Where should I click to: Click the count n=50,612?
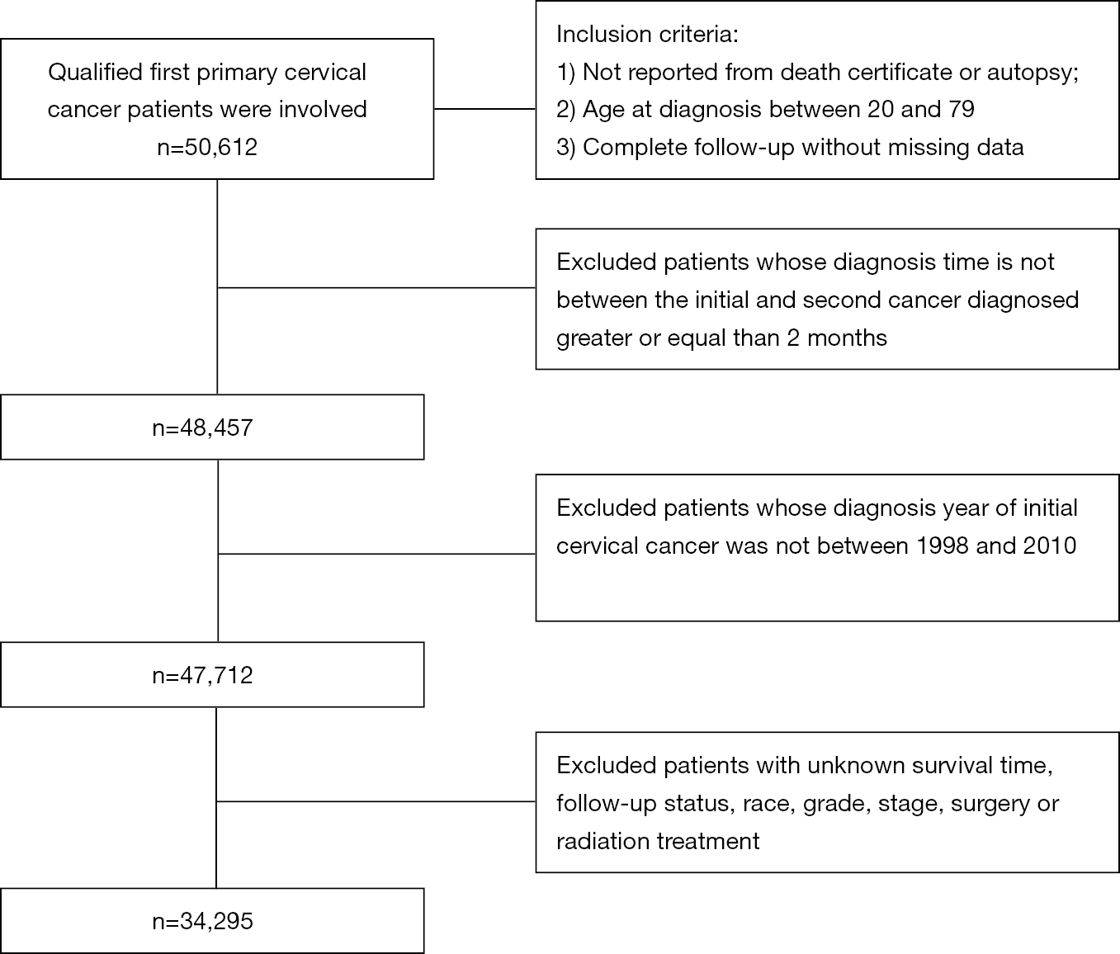(207, 148)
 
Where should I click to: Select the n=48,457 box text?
(203, 428)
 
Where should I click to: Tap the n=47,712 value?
(203, 675)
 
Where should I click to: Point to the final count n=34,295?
(203, 921)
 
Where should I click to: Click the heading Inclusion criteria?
(648, 34)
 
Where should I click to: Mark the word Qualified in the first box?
(96, 73)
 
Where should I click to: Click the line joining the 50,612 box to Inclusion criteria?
(485, 109)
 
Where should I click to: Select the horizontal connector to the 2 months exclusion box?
(376, 288)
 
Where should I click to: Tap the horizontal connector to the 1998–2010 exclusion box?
(377, 554)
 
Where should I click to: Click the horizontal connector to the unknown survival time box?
(376, 801)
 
